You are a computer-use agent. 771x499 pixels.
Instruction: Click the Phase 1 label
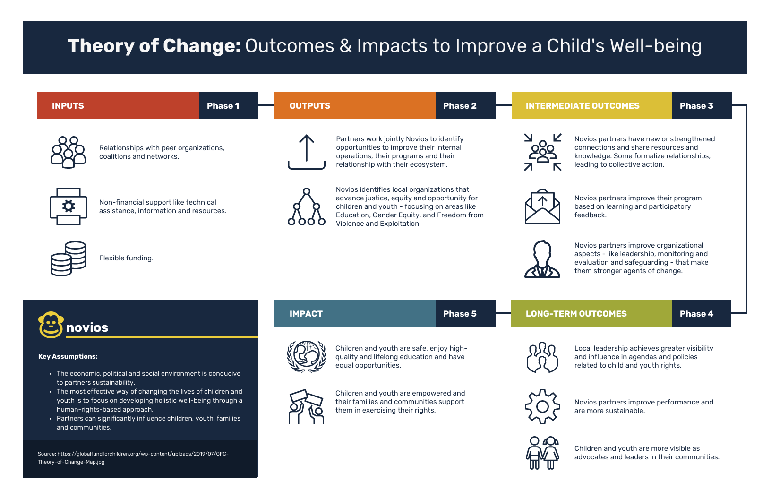pyautogui.click(x=223, y=106)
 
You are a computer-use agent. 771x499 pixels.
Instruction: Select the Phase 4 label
pyautogui.click(x=696, y=314)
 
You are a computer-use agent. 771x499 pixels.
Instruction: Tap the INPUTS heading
pyautogui.click(x=68, y=106)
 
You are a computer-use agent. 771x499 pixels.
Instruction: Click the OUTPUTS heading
pyautogui.click(x=310, y=106)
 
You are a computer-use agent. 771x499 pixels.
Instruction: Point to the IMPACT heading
pyautogui.click(x=306, y=314)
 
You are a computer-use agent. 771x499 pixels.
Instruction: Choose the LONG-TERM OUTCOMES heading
pyautogui.click(x=576, y=314)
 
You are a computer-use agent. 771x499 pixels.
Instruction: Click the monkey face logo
pyautogui.click(x=51, y=325)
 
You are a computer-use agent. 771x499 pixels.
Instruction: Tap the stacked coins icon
pyautogui.click(x=68, y=258)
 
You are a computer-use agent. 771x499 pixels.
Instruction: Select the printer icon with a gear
pyautogui.click(x=69, y=206)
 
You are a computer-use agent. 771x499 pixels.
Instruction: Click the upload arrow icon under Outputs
pyautogui.click(x=307, y=152)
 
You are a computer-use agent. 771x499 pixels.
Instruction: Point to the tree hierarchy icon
pyautogui.click(x=307, y=206)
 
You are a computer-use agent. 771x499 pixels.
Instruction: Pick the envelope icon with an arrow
pyautogui.click(x=542, y=206)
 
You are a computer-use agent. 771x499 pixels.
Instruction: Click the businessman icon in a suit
pyautogui.click(x=542, y=259)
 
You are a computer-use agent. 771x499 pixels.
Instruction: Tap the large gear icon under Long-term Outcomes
pyautogui.click(x=542, y=406)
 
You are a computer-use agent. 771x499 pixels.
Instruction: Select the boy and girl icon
pyautogui.click(x=542, y=453)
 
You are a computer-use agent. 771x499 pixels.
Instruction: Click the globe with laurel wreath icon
pyautogui.click(x=307, y=357)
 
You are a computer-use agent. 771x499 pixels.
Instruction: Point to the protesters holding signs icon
pyautogui.click(x=307, y=406)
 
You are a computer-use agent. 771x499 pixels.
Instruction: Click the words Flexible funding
pyautogui.click(x=126, y=258)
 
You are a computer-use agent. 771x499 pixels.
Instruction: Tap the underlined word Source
pyautogui.click(x=47, y=454)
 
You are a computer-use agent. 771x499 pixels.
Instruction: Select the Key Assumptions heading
pyautogui.click(x=68, y=356)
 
